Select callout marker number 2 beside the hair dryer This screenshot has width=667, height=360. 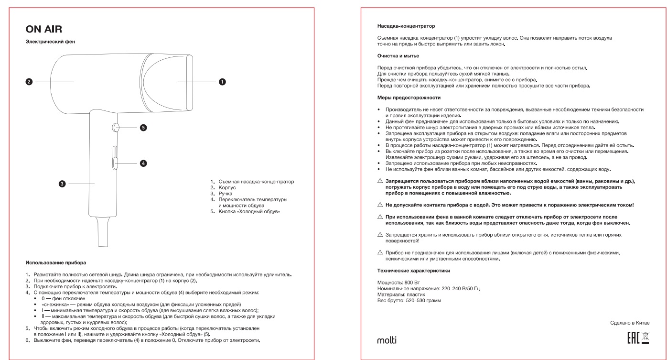[x=29, y=82]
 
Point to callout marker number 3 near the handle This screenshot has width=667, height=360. [x=62, y=183]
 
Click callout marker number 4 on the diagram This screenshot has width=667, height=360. [x=143, y=164]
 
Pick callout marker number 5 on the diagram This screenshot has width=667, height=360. [x=143, y=128]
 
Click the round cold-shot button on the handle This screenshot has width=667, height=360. [x=117, y=128]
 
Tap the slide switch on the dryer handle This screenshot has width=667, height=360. [x=115, y=158]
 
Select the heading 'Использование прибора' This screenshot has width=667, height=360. [x=59, y=262]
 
